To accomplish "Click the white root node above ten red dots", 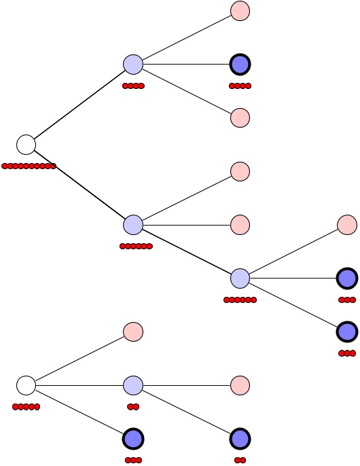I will pyautogui.click(x=26, y=145).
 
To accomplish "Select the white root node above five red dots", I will pyautogui.click(x=26, y=385).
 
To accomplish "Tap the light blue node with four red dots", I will pyautogui.click(x=133, y=65).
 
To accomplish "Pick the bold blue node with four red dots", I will pyautogui.click(x=240, y=65).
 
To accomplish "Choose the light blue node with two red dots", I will pyautogui.click(x=133, y=385).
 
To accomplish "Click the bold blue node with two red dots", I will pyautogui.click(x=240, y=439).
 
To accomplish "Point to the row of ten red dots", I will pyautogui.click(x=29, y=166).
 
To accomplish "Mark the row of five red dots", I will pyautogui.click(x=26, y=407).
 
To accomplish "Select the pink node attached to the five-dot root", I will pyautogui.click(x=133, y=331).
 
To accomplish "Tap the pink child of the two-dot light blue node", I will pyautogui.click(x=240, y=385).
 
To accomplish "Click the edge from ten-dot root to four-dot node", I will pyautogui.click(x=79, y=105).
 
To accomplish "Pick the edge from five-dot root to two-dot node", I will pyautogui.click(x=79, y=385).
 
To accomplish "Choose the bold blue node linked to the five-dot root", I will pyautogui.click(x=133, y=439).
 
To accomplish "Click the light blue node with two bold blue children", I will pyautogui.click(x=240, y=278).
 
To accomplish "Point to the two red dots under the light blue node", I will pyautogui.click(x=133, y=407).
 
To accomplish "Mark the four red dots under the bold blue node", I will pyautogui.click(x=240, y=86).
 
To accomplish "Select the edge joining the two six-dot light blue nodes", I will pyautogui.click(x=187, y=251).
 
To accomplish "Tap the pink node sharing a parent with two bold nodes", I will pyautogui.click(x=347, y=224).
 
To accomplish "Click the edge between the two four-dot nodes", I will pyautogui.click(x=187, y=65).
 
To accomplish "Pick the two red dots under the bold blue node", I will pyautogui.click(x=240, y=460).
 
